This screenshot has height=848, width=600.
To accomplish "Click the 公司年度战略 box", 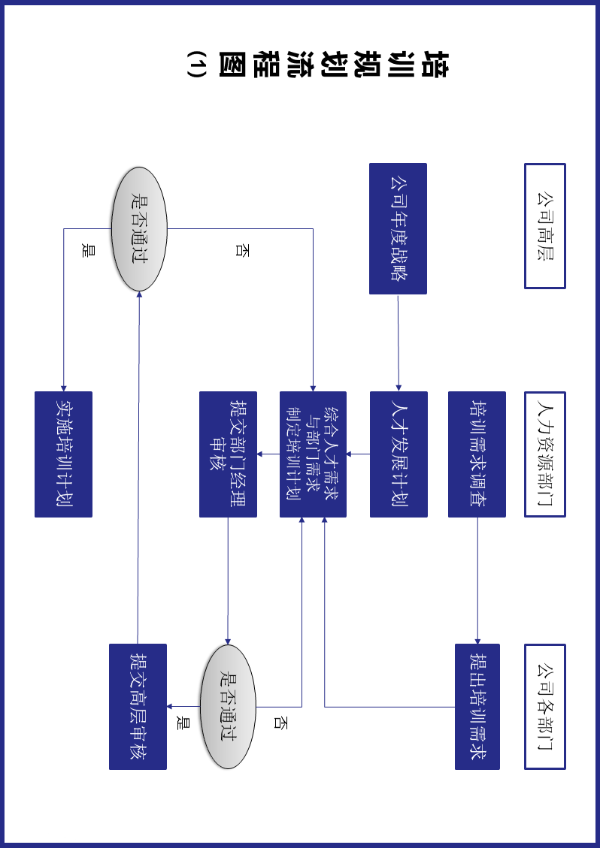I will click(398, 228).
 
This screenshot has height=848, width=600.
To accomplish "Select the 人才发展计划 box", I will click(398, 454).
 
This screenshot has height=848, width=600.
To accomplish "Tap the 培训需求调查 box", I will click(477, 454).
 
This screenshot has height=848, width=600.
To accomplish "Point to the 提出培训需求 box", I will click(477, 706).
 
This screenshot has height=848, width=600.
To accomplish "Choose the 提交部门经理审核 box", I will click(228, 454).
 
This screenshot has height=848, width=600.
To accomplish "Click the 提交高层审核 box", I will click(138, 706).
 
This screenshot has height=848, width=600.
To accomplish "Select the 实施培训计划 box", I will click(63, 454).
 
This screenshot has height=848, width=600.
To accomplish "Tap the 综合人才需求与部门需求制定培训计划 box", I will click(313, 454).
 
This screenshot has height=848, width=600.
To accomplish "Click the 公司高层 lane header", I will click(544, 226).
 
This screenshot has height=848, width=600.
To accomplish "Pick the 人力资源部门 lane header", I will click(544, 454).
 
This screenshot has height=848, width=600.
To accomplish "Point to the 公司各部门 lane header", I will click(544, 706).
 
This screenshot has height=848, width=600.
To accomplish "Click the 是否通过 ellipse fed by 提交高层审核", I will click(139, 228).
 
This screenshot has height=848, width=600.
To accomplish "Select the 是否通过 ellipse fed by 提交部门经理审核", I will click(228, 706).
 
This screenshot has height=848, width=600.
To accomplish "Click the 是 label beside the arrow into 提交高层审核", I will click(180, 723).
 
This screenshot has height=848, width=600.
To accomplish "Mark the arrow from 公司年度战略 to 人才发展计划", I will click(398, 343).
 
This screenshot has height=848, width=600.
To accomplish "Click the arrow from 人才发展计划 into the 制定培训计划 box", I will click(358, 454).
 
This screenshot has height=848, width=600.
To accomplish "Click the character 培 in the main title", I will click(434, 65).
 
